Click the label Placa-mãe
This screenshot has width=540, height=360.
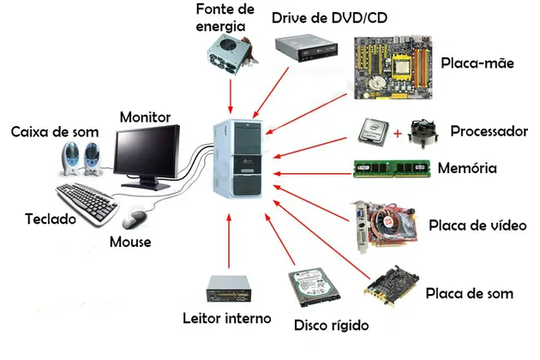point(477,63)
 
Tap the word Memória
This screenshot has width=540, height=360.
point(467,167)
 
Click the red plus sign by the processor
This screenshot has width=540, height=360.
point(398,134)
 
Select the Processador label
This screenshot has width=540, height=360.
point(489,132)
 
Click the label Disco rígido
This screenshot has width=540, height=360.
point(331,326)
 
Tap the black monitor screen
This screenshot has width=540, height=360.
point(147,152)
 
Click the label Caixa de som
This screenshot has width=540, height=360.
point(54,132)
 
